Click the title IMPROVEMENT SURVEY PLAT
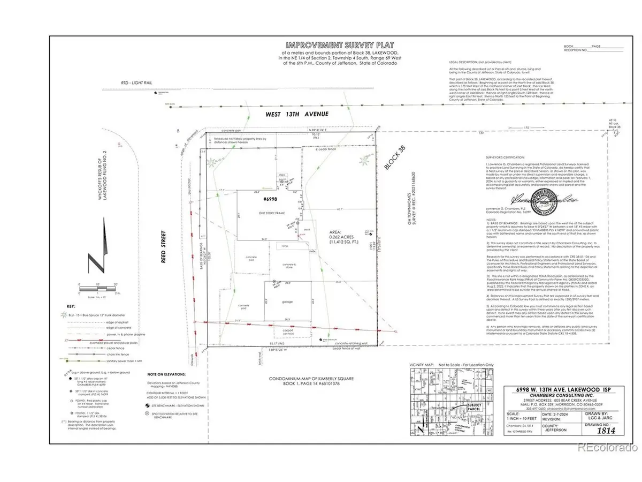(290, 44)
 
